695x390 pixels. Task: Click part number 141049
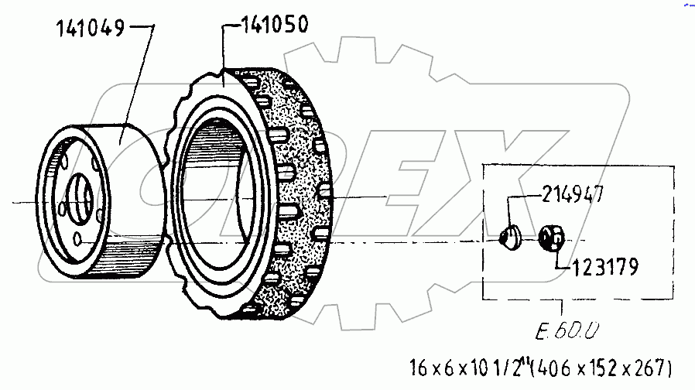click(90, 30)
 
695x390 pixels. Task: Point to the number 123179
click(604, 269)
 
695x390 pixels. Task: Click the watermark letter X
click(558, 170)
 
